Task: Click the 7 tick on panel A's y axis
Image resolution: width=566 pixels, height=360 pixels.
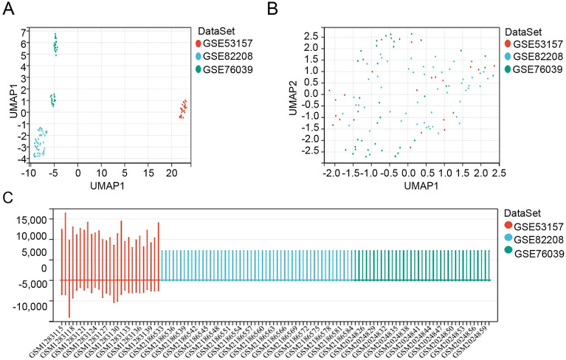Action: click(24, 32)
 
